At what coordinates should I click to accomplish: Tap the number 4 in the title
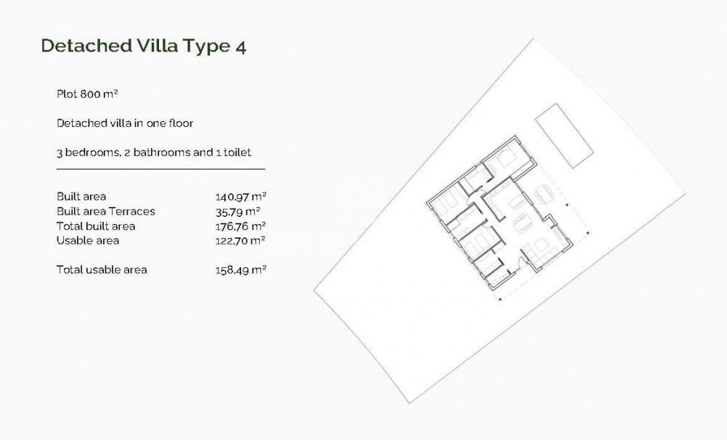pos(240,46)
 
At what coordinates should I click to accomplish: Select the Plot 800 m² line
pos(87,94)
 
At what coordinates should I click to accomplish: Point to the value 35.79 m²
pos(237,211)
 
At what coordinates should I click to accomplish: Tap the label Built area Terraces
pos(106,211)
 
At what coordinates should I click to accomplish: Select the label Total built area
pos(96,226)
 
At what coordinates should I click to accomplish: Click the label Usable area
pos(88,240)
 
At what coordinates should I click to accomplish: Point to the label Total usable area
pos(102,269)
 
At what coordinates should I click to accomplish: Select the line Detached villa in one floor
pos(125,123)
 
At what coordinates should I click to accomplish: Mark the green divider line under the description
pos(161,169)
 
